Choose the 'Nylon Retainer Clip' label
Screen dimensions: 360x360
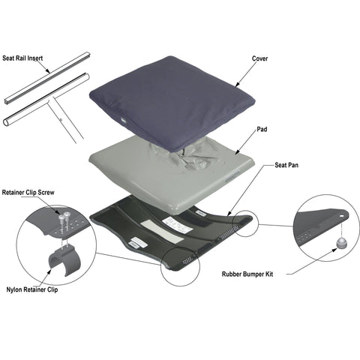point(33,289)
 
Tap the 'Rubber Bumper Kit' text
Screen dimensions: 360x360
point(249,274)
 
